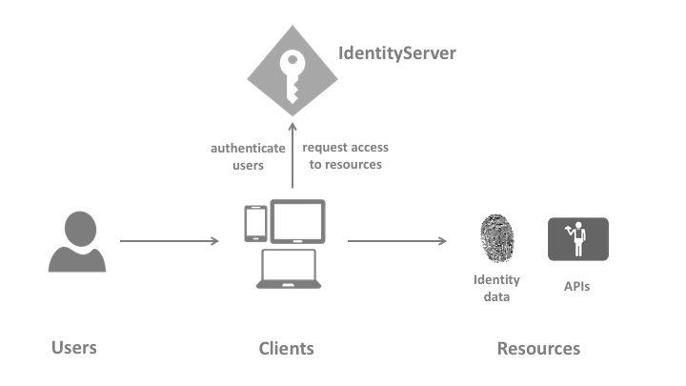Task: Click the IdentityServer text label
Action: (397, 52)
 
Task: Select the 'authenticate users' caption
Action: (248, 156)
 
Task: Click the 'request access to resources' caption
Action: (345, 156)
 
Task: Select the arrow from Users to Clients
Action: (169, 241)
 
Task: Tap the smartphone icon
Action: (255, 224)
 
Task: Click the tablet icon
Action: (297, 221)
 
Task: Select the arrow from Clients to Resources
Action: (396, 241)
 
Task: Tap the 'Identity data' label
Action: (496, 288)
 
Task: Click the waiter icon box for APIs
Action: (577, 239)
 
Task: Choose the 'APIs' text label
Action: (575, 285)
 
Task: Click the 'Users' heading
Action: (74, 347)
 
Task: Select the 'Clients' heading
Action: (286, 348)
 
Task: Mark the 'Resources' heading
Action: (538, 348)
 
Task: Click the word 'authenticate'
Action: (248, 149)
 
